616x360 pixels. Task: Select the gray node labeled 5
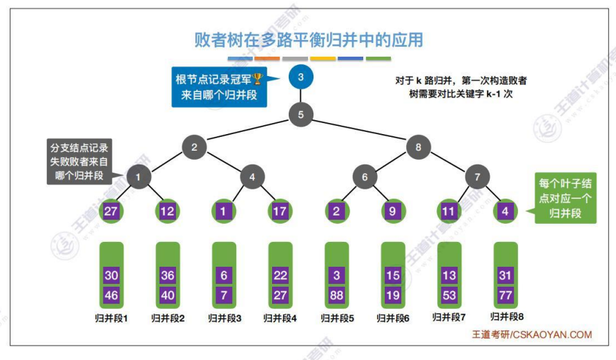[x=300, y=114]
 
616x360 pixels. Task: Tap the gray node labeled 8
[x=418, y=146]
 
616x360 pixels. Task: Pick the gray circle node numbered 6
[x=364, y=177]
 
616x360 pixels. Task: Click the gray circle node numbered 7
[x=477, y=177]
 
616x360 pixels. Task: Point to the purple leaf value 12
[x=167, y=211]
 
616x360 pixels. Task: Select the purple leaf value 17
[x=280, y=211]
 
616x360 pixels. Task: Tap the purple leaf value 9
[x=392, y=211]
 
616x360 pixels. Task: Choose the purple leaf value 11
[x=449, y=211]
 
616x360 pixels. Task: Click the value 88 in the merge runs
[x=336, y=295]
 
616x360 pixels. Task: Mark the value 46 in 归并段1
[x=111, y=295]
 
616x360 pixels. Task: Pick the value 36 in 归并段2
[x=167, y=275]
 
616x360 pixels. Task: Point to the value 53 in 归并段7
[x=449, y=295]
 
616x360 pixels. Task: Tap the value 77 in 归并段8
[x=506, y=295]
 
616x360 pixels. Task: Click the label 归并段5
[x=336, y=319]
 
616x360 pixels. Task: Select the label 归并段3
[x=224, y=319]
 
